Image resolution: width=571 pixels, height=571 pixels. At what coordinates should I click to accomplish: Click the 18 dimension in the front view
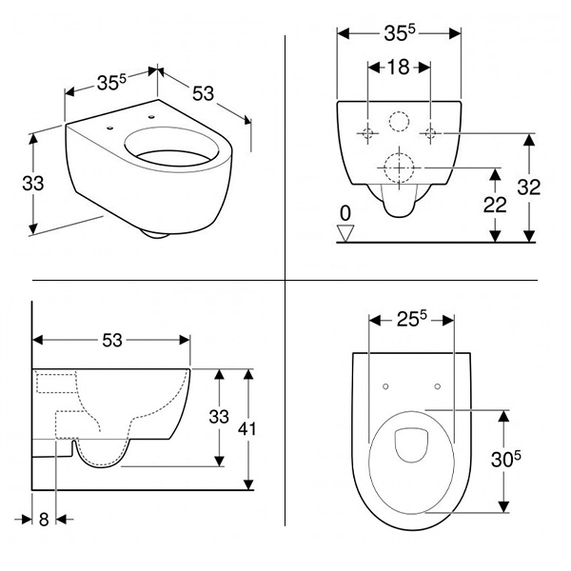pyautogui.click(x=398, y=67)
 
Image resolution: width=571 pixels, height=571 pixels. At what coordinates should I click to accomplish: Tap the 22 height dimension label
pyautogui.click(x=495, y=205)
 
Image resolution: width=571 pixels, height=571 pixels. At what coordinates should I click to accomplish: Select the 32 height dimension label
pyautogui.click(x=529, y=187)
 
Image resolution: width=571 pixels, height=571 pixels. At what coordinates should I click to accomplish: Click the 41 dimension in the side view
pyautogui.click(x=246, y=428)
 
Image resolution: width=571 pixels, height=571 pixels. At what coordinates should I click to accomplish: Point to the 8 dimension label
pyautogui.click(x=44, y=520)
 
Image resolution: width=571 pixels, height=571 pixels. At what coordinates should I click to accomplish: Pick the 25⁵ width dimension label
pyautogui.click(x=411, y=319)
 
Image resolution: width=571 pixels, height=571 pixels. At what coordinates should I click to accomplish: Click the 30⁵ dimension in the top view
pyautogui.click(x=506, y=459)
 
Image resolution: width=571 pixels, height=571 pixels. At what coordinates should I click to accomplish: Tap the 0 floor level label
pyautogui.click(x=345, y=213)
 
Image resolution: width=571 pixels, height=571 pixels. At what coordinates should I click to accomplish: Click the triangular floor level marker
pyautogui.click(x=345, y=233)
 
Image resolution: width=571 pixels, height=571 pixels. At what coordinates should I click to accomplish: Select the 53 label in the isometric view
pyautogui.click(x=203, y=93)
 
